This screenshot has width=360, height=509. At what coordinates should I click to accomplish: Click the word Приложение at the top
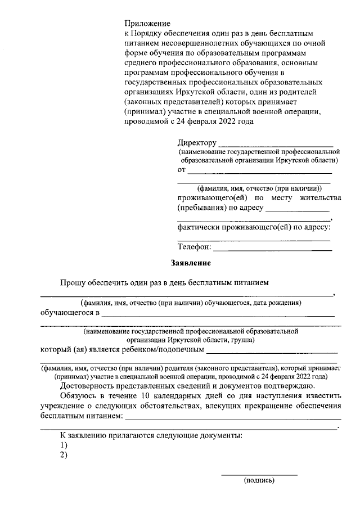point(147,23)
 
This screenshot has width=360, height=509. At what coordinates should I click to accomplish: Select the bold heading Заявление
point(191,263)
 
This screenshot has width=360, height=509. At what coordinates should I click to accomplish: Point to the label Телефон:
point(195,246)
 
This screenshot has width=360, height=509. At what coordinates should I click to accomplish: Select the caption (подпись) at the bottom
point(259,481)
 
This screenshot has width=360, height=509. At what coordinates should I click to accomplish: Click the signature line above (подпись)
point(259,475)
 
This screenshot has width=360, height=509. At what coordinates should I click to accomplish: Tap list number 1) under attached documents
point(64,445)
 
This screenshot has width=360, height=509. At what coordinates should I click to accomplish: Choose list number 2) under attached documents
point(64,455)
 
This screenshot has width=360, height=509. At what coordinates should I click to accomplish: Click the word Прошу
point(73,282)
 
